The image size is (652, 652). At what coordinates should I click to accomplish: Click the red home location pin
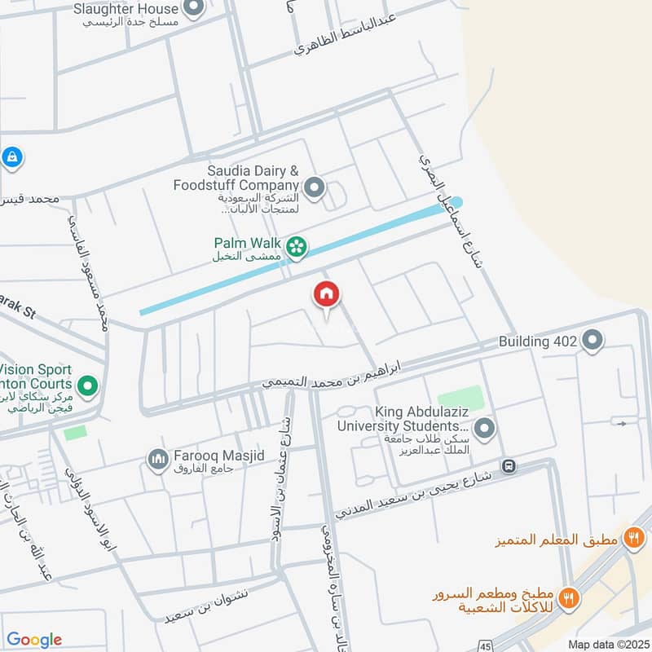coord(327,294)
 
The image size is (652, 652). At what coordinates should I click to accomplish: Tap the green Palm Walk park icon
coord(297,244)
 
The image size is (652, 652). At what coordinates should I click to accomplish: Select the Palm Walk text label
coord(247,243)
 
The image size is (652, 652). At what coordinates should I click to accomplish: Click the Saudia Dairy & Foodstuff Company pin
coord(315,189)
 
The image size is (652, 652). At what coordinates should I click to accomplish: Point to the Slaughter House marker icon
coord(193,10)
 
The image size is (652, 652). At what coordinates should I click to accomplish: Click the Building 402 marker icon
coord(593,341)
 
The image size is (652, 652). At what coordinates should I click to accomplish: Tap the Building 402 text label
coord(538,341)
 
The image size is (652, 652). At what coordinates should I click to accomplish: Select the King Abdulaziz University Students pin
coord(485,427)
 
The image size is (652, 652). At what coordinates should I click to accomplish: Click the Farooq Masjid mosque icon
coord(156,460)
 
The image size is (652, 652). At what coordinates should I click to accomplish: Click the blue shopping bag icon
coord(11,156)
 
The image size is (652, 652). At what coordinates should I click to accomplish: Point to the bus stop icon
coord(509,466)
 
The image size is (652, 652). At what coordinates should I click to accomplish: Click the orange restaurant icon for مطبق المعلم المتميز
coord(632,537)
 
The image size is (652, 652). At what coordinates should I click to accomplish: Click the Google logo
coord(34,640)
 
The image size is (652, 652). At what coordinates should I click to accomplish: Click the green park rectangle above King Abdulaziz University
coord(460,399)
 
